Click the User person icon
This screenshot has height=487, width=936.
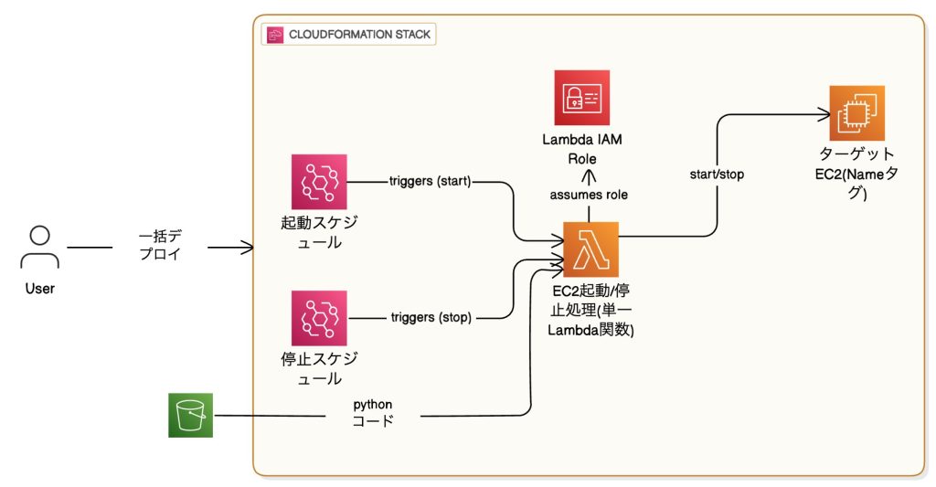39,248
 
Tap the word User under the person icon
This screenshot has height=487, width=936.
39,289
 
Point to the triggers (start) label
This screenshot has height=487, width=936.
429,181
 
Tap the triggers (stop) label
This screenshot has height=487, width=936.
429,318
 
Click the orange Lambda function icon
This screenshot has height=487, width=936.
590,249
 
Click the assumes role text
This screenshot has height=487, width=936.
589,195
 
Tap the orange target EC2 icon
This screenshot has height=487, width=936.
856,112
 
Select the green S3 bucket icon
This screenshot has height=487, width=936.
190,416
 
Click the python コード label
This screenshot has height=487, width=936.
373,412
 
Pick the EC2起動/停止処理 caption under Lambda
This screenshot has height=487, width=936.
590,312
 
